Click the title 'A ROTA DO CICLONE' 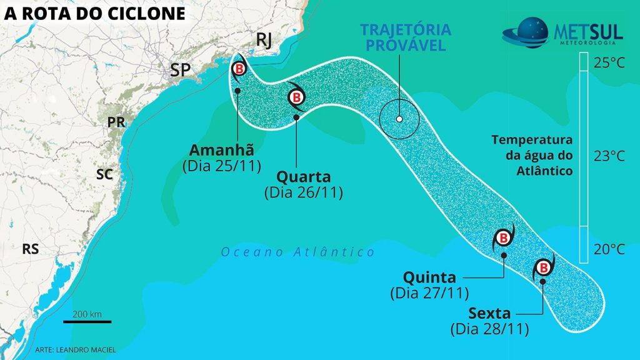click(95, 13)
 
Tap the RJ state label click(265, 41)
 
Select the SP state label click(180, 70)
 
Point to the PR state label click(117, 122)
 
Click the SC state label click(104, 174)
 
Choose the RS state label click(31, 249)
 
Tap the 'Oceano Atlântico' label click(298, 252)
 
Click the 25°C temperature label click(609, 63)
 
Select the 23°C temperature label click(609, 156)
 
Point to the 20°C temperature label click(609, 250)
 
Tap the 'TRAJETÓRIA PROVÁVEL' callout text click(406, 37)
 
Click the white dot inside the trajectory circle click(399, 119)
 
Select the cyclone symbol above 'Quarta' click(297, 97)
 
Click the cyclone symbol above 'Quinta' click(503, 237)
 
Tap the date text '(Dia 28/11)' click(489, 327)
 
